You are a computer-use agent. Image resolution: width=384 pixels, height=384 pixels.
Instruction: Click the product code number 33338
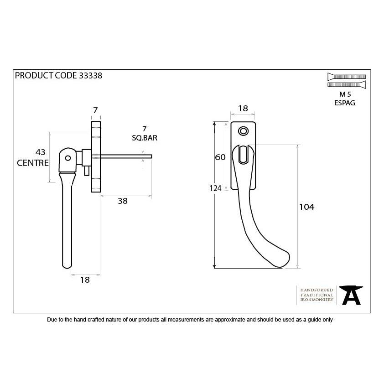[x=90, y=75]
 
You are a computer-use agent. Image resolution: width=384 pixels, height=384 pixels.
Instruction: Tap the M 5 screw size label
[x=345, y=94]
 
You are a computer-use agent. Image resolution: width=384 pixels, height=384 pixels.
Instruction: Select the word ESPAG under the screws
[x=345, y=103]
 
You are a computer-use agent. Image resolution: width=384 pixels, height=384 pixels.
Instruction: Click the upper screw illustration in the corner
[x=347, y=77]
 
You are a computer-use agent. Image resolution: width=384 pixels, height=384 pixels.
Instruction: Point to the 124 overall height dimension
[x=216, y=188]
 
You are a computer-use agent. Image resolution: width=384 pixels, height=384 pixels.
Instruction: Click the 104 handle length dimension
[x=306, y=207]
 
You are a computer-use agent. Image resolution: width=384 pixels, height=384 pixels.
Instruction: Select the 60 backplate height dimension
[x=220, y=157]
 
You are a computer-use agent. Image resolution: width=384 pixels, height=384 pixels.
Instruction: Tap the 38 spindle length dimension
[x=123, y=201]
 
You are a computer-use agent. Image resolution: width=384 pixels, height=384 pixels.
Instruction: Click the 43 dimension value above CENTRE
[x=41, y=152]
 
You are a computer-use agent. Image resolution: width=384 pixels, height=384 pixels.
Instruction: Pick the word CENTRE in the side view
[x=33, y=163]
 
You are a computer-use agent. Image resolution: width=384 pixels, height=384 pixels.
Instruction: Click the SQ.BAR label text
[x=145, y=138]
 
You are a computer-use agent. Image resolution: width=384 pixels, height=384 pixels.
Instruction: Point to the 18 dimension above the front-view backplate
[x=243, y=108]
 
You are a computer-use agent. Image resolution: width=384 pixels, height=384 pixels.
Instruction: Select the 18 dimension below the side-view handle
[x=85, y=280]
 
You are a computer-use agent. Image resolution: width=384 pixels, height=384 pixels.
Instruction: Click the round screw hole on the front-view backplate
[x=243, y=131]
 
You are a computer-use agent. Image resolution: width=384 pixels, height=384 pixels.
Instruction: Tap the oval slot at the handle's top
[x=243, y=155]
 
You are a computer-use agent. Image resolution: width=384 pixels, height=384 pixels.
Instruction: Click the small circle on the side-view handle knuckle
[x=68, y=158]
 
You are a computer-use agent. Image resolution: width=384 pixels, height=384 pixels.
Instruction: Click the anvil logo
[x=351, y=295]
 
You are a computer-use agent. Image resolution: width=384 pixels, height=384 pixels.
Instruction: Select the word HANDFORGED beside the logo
[x=317, y=290]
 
